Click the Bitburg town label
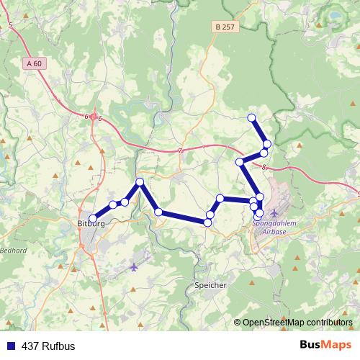(x=91, y=225)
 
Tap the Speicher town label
(x=211, y=285)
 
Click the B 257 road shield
(x=225, y=27)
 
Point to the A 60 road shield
(x=35, y=63)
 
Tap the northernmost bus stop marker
(x=251, y=117)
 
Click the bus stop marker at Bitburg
(x=92, y=217)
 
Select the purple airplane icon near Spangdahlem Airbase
(x=274, y=213)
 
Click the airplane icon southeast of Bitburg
(x=135, y=267)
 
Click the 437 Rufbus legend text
(x=48, y=346)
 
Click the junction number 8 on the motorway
(x=265, y=167)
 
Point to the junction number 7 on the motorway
(x=180, y=150)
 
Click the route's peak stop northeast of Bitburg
(x=140, y=182)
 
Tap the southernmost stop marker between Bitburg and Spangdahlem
(x=207, y=222)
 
